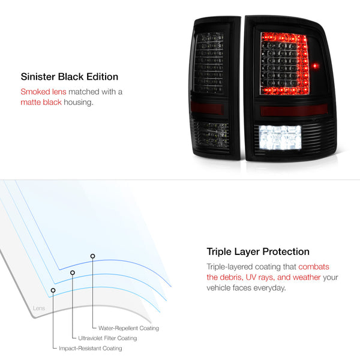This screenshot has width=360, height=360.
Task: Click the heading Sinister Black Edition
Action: [70, 77]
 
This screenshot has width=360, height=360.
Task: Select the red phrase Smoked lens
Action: [43, 92]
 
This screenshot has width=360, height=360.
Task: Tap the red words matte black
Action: [41, 102]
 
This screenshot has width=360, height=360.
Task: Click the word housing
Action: [79, 103]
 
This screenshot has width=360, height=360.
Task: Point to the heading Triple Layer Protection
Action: [258, 251]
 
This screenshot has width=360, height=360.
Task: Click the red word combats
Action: [314, 267]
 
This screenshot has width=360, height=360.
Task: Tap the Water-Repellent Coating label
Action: [128, 328]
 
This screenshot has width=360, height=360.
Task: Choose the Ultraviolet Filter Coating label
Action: [107, 338]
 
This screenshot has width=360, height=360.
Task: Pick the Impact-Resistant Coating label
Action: [91, 348]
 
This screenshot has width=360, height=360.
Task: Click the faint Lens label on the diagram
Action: [39, 308]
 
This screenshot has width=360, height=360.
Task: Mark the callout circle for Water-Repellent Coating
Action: [92, 256]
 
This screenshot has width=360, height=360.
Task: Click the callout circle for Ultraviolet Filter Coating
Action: [73, 272]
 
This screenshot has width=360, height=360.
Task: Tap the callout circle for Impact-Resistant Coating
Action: [53, 290]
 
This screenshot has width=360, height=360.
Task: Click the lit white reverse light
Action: [280, 138]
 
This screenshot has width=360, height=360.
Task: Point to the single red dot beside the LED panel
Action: [316, 66]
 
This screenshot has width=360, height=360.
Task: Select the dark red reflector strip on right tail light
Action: [294, 110]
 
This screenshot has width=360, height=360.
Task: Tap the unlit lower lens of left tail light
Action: [211, 136]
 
